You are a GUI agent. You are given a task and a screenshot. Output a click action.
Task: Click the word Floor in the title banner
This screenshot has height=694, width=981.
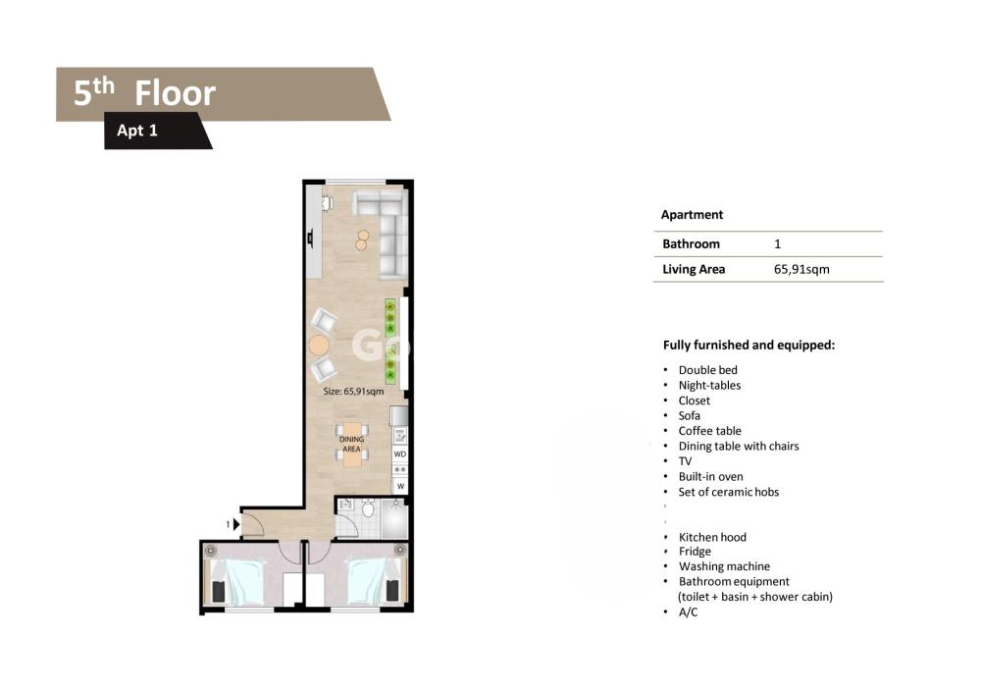(176, 93)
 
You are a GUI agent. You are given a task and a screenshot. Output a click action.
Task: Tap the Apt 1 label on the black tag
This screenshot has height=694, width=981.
(137, 131)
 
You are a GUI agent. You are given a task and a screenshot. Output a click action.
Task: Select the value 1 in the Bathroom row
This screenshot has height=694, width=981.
(778, 244)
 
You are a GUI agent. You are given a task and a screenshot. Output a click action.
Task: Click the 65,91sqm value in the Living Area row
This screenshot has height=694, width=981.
(801, 269)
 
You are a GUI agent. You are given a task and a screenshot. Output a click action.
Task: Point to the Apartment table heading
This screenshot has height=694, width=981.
(692, 215)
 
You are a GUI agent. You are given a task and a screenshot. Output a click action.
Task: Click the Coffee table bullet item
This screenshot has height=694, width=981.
(709, 431)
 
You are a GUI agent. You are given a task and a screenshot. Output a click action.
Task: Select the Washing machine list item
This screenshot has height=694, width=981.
(724, 566)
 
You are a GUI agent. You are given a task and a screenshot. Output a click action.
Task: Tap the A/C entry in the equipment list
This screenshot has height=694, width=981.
(688, 612)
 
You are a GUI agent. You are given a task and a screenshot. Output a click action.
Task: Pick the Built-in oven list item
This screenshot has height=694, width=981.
(710, 476)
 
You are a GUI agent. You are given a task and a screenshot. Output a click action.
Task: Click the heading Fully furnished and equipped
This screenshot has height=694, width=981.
(749, 345)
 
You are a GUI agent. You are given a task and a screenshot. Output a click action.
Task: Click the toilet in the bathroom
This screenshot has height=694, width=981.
(368, 508)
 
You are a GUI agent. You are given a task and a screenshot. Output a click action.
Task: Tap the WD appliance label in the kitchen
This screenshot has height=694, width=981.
(400, 454)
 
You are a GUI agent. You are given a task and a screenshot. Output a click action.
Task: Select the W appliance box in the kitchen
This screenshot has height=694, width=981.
(400, 486)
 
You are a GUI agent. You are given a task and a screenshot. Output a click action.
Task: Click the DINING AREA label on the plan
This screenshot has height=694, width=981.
(351, 445)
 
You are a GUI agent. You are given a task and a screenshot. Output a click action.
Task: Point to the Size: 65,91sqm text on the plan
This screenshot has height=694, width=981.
(353, 392)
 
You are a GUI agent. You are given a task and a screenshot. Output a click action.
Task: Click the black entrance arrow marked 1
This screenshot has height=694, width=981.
(235, 524)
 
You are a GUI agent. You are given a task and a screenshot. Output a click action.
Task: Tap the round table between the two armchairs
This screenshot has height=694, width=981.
(319, 346)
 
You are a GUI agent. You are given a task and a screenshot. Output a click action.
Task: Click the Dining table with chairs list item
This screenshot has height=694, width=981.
(739, 447)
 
